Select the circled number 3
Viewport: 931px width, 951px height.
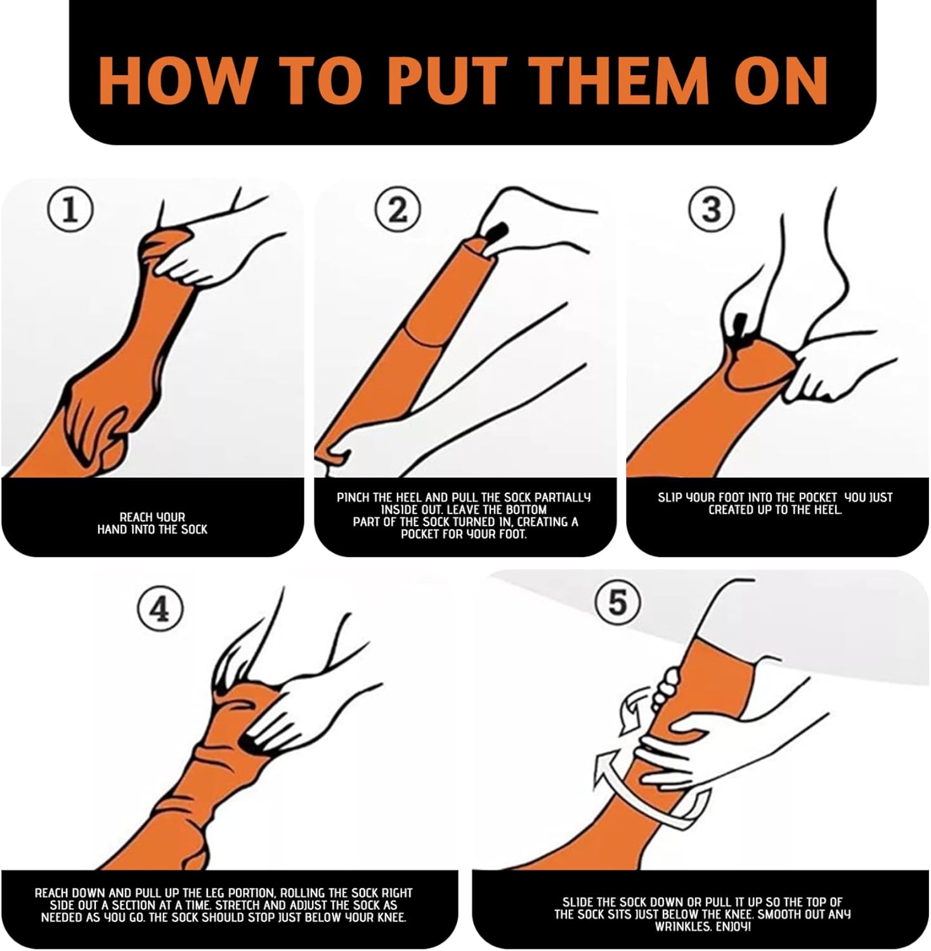712,209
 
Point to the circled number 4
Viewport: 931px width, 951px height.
160,610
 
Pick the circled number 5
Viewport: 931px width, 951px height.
616,602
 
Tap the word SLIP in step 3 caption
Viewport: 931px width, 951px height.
669,498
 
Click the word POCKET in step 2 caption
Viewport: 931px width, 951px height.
420,534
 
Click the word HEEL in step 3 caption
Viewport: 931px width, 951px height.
828,509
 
